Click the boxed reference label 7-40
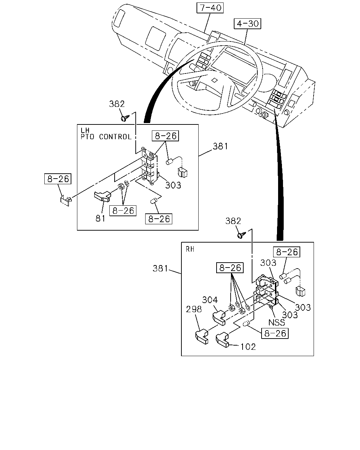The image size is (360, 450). pyautogui.click(x=210, y=8)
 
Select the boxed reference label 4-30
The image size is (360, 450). pyautogui.click(x=247, y=24)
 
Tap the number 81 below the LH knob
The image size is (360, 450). pyautogui.click(x=101, y=218)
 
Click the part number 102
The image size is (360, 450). pyautogui.click(x=248, y=347)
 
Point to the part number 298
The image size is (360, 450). pyautogui.click(x=194, y=309)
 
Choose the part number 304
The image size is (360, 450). pyautogui.click(x=210, y=300)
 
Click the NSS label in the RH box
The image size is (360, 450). pyautogui.click(x=277, y=322)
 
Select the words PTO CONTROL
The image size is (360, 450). pyautogui.click(x=106, y=137)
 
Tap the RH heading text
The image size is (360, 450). pyautogui.click(x=190, y=249)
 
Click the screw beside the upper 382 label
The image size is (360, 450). pyautogui.click(x=125, y=118)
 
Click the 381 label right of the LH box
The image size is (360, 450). pyautogui.click(x=220, y=146)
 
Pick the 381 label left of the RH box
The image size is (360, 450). pyautogui.click(x=160, y=269)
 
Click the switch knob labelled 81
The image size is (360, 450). pyautogui.click(x=102, y=197)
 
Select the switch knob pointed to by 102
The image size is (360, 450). pyautogui.click(x=223, y=340)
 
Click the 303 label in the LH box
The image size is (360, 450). pyautogui.click(x=173, y=185)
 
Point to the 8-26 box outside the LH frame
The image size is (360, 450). pyautogui.click(x=58, y=179)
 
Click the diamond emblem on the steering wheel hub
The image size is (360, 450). pyautogui.click(x=214, y=80)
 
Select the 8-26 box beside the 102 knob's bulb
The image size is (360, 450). pyautogui.click(x=275, y=333)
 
